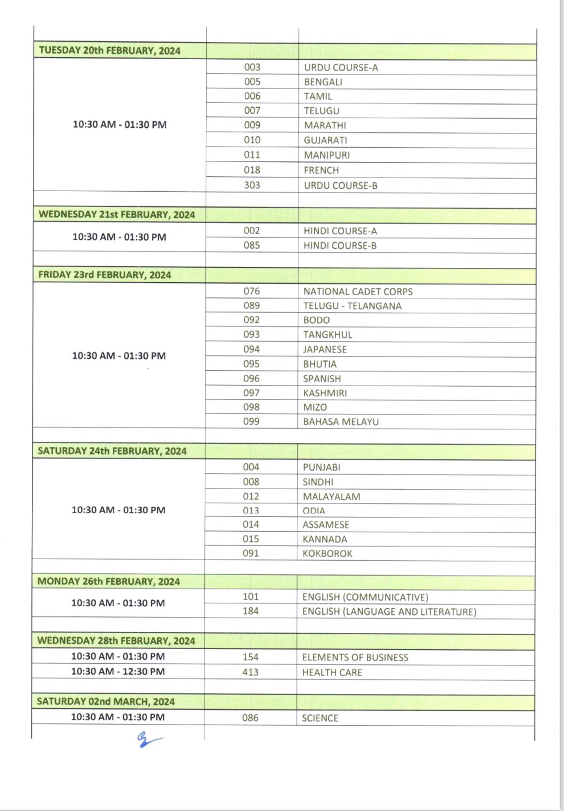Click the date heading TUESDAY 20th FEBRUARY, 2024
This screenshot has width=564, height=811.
pyautogui.click(x=109, y=51)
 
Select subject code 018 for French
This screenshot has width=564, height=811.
pyautogui.click(x=252, y=170)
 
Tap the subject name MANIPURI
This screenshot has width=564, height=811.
pyautogui.click(x=326, y=155)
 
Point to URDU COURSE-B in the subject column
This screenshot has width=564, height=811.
pyautogui.click(x=340, y=185)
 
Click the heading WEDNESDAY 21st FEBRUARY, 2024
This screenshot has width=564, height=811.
pyautogui.click(x=117, y=215)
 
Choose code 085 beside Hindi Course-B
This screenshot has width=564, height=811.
pyautogui.click(x=251, y=245)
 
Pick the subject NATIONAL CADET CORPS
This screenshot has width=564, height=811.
pyautogui.click(x=358, y=291)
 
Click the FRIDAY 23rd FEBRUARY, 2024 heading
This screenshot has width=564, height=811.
pyautogui.click(x=105, y=275)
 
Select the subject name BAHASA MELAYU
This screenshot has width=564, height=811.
pyautogui.click(x=341, y=422)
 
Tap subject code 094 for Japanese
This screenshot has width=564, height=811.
pyautogui.click(x=251, y=349)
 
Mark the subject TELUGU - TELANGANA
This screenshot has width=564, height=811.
pyautogui.click(x=352, y=306)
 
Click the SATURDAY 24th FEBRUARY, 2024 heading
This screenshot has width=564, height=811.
pyautogui.click(x=112, y=451)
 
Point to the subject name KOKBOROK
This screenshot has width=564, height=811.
pyautogui.click(x=327, y=554)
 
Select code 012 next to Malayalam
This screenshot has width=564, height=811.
pyautogui.click(x=251, y=496)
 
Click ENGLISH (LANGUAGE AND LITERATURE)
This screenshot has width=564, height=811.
pyautogui.click(x=389, y=612)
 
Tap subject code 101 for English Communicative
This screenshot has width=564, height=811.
pyautogui.click(x=251, y=597)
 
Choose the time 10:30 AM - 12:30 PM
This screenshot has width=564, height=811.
pyautogui.click(x=118, y=671)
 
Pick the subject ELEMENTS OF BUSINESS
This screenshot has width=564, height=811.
pyautogui.click(x=355, y=657)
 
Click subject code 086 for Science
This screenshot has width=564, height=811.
pyautogui.click(x=250, y=718)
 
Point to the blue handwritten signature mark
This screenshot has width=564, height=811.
pyautogui.click(x=147, y=739)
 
